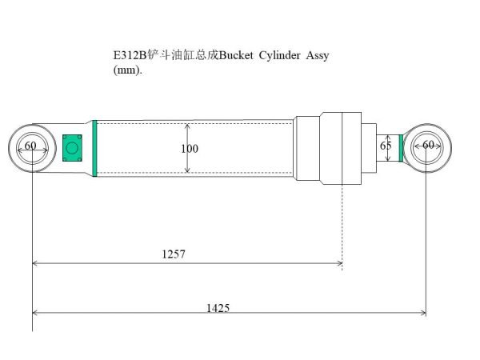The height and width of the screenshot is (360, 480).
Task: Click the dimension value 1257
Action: (173, 254)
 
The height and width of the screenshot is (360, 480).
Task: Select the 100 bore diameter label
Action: (190, 149)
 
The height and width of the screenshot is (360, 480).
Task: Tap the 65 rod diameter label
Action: (386, 146)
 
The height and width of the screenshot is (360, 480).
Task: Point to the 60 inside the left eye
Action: (30, 146)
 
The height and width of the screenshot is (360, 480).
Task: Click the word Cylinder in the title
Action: (281, 55)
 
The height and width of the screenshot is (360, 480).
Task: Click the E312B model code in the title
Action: (126, 55)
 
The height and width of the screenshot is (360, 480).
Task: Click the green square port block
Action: (73, 147)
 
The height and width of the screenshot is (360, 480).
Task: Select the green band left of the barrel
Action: (94, 148)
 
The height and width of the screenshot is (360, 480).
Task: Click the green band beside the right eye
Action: (401, 147)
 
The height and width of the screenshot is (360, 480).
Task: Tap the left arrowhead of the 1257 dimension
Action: (35, 262)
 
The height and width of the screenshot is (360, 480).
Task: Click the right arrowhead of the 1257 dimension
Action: (339, 262)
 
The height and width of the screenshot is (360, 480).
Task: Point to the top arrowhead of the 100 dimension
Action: (187, 126)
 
